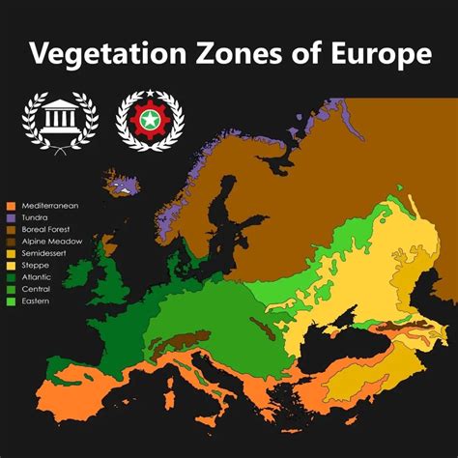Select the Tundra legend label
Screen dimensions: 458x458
[34, 217]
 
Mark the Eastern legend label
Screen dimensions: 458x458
[34, 301]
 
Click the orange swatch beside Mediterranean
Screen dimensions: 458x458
[10, 206]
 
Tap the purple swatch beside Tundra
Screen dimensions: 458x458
[10, 217]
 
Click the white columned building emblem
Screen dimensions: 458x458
[59, 121]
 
